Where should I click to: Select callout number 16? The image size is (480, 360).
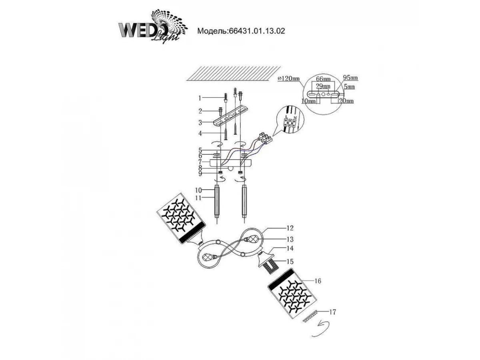[318, 281]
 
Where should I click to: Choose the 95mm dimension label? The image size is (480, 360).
[350, 78]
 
